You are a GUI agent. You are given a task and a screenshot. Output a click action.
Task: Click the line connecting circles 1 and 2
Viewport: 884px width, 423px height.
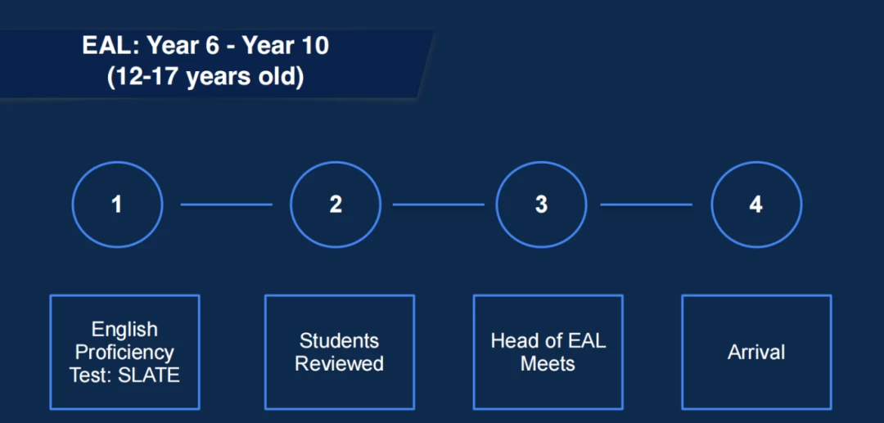coord(226,205)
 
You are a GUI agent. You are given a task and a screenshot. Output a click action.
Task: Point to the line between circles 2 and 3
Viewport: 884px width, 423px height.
coord(438,205)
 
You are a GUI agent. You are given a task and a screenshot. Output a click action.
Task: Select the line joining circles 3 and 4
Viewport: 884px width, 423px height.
coord(646,205)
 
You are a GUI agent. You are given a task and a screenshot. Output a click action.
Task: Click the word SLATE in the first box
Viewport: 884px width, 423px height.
coord(149,375)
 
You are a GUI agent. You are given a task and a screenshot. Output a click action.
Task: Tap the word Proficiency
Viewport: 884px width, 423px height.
coord(124,353)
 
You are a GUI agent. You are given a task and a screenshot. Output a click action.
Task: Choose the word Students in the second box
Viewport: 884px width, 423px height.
coord(340,340)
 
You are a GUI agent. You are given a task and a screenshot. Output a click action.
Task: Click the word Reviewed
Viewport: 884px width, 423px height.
coord(340,364)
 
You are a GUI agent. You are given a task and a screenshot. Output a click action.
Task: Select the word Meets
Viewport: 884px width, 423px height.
coord(548,364)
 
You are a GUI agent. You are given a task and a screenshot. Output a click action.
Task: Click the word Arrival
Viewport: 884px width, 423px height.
coord(756,353)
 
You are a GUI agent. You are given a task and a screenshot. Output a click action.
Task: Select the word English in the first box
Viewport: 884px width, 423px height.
coord(124,330)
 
